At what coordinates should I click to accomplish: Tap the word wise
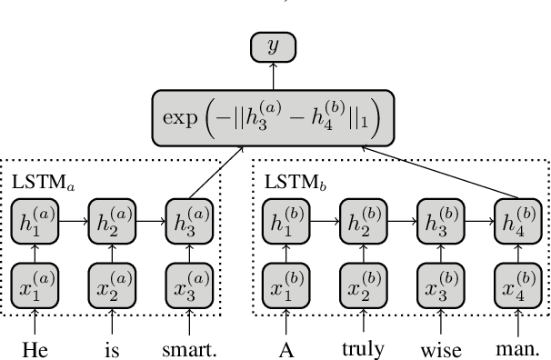point(441,348)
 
